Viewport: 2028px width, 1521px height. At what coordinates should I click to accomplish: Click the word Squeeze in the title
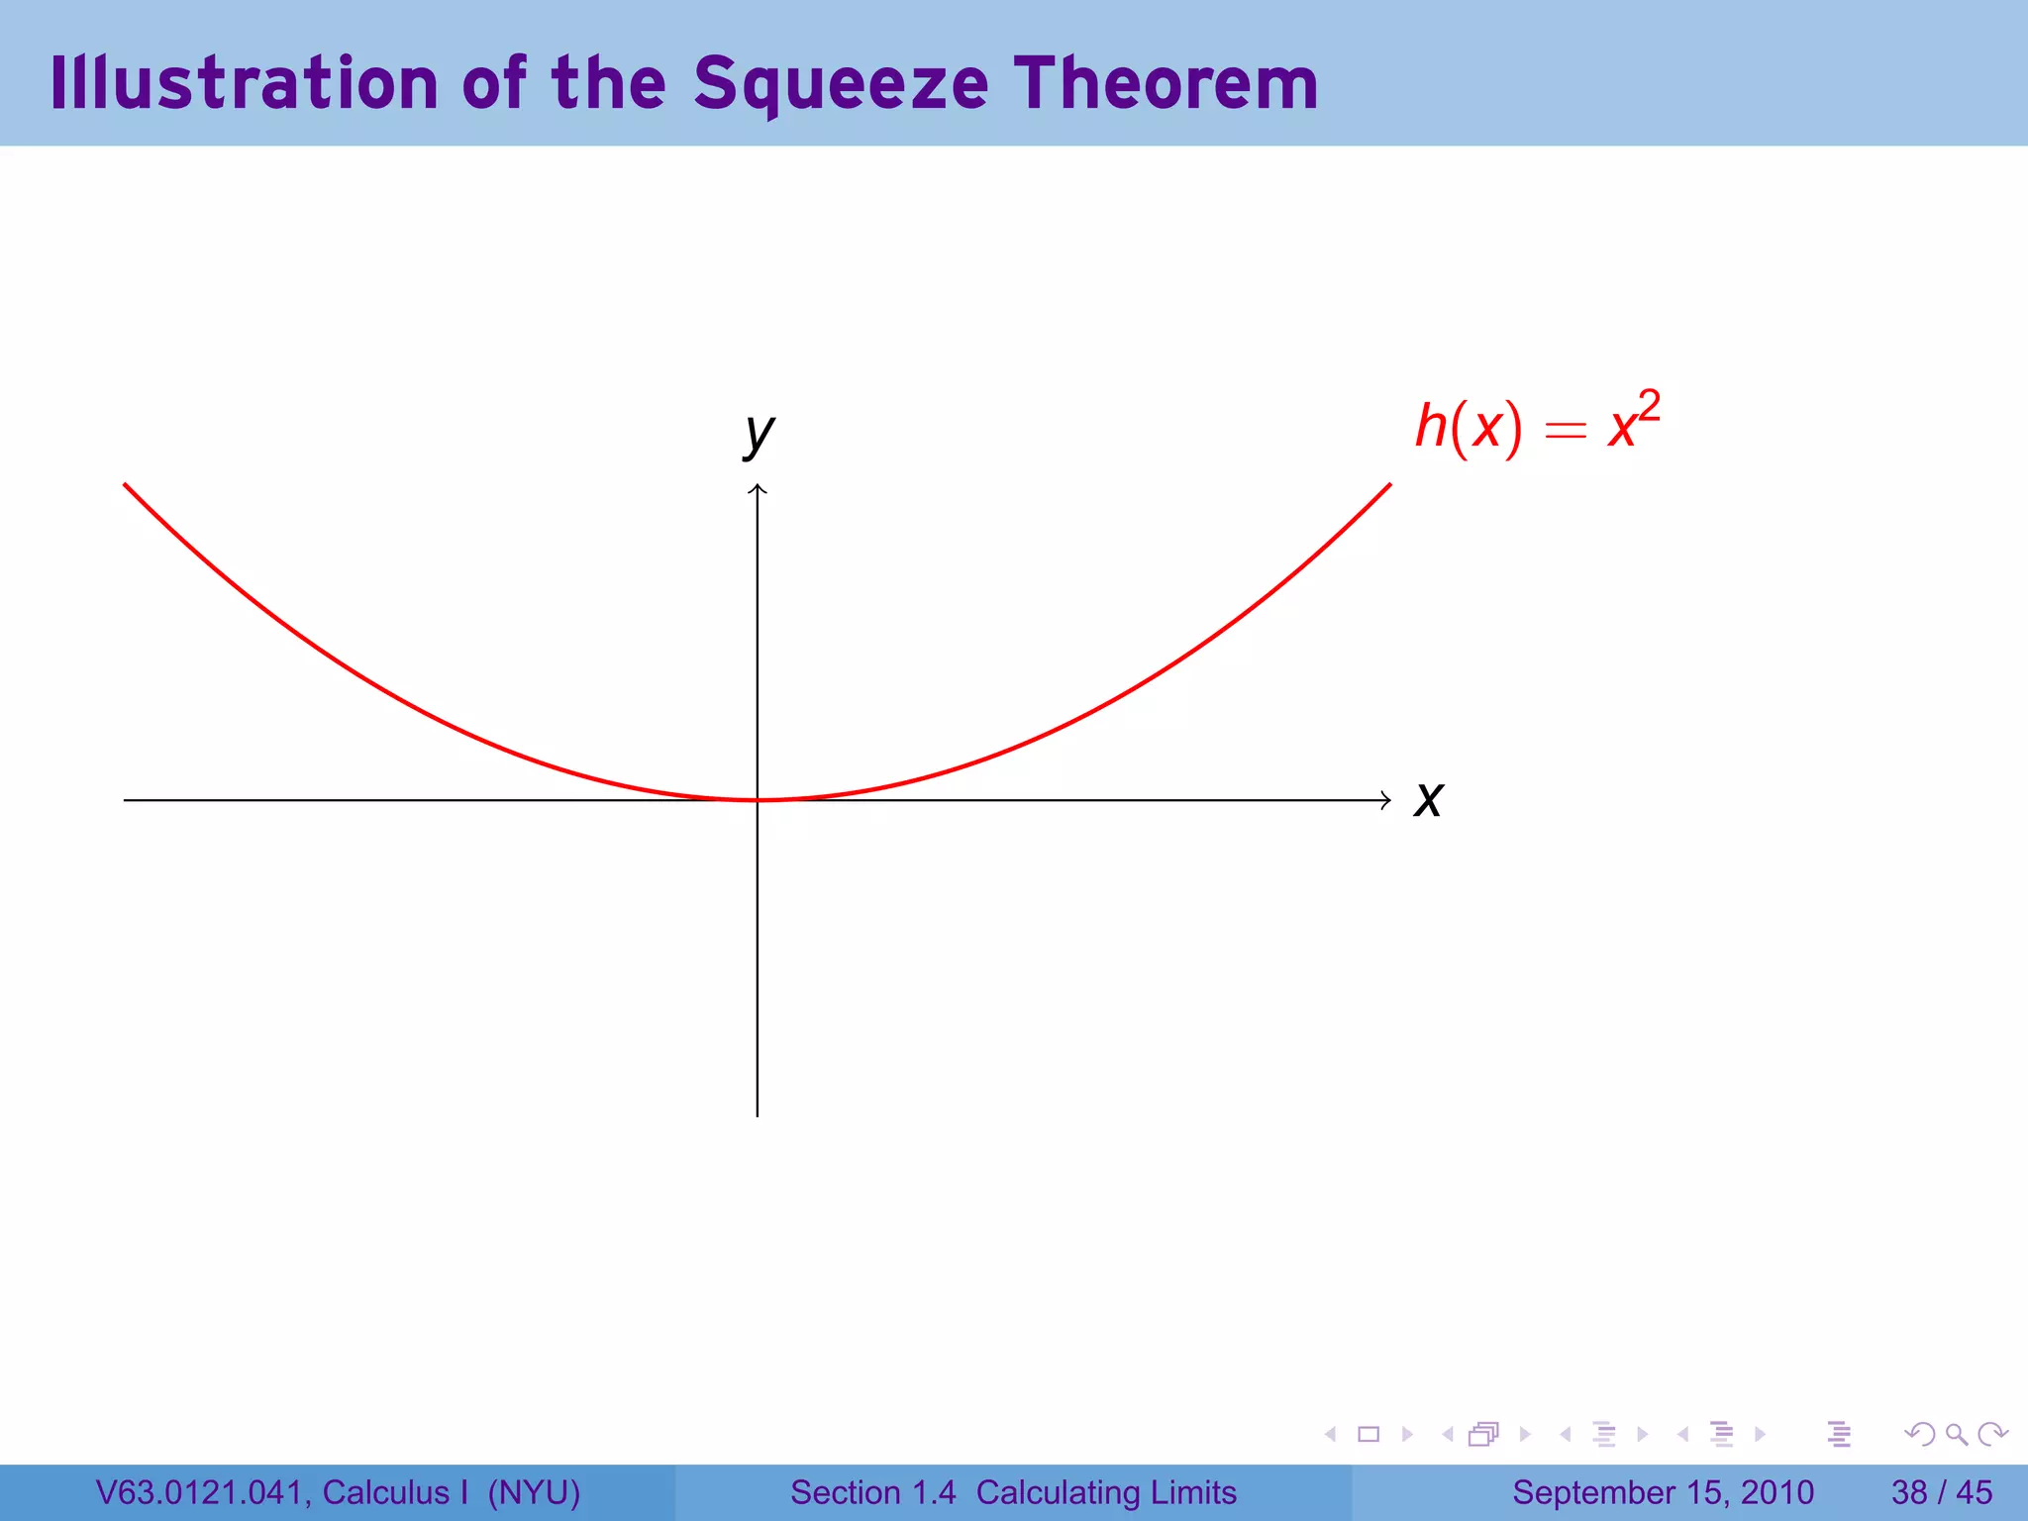[841, 83]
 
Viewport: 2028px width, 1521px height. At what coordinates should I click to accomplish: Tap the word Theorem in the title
[1166, 83]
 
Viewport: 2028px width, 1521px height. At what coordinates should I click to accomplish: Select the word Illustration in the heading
[244, 83]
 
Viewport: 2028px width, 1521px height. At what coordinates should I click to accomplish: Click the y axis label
[759, 433]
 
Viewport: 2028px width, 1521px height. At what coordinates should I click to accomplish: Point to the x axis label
[1428, 799]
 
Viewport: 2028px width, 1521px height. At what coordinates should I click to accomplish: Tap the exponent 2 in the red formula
[1649, 405]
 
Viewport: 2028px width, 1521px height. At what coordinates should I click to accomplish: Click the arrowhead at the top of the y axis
[758, 488]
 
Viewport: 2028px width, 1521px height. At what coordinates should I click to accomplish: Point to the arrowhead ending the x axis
[1386, 800]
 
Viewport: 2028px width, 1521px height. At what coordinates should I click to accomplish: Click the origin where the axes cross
[758, 800]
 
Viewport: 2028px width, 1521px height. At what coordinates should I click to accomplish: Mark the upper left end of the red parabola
[126, 485]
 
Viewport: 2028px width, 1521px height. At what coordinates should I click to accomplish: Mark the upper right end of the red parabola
[1389, 485]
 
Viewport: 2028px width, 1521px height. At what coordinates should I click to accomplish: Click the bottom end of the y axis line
[758, 1115]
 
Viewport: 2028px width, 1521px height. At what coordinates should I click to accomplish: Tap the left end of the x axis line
[126, 800]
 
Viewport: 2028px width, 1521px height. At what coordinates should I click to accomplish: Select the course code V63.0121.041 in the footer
[199, 1492]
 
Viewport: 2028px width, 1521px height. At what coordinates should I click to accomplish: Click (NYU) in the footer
[534, 1492]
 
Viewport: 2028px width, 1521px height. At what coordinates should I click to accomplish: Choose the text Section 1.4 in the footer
[872, 1492]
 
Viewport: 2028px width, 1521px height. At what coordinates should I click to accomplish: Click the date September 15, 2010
[1663, 1492]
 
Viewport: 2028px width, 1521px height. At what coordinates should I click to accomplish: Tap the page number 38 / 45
[1941, 1492]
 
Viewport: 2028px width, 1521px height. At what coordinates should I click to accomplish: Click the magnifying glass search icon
[1956, 1434]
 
